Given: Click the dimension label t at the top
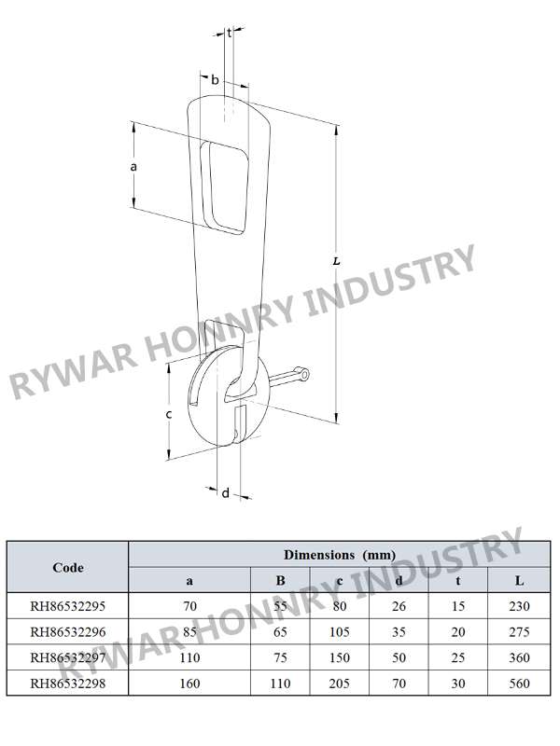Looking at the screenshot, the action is coord(229,34).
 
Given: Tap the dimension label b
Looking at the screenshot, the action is coord(215,79).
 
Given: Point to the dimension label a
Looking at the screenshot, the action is coord(133,167).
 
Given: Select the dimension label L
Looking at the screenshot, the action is coord(337,261).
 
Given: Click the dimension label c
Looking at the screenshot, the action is coord(169,415).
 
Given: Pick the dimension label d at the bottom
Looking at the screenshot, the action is coord(226,493).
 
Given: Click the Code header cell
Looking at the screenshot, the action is coord(68,568).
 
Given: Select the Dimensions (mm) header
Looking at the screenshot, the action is coord(340,555).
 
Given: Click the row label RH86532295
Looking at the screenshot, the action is coord(67,606).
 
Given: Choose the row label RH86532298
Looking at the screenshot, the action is coord(67,684).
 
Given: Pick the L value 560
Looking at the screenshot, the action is coord(519,684).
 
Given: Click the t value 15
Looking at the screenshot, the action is coord(458,606).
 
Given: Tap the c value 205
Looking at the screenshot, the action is coord(340,684).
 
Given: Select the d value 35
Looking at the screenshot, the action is coord(399,632).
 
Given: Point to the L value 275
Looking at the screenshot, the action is coord(519,632).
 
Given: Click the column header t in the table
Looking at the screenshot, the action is coord(458,581).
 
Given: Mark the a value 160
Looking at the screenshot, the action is coord(189,684).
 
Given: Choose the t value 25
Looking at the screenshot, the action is coord(458,657).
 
